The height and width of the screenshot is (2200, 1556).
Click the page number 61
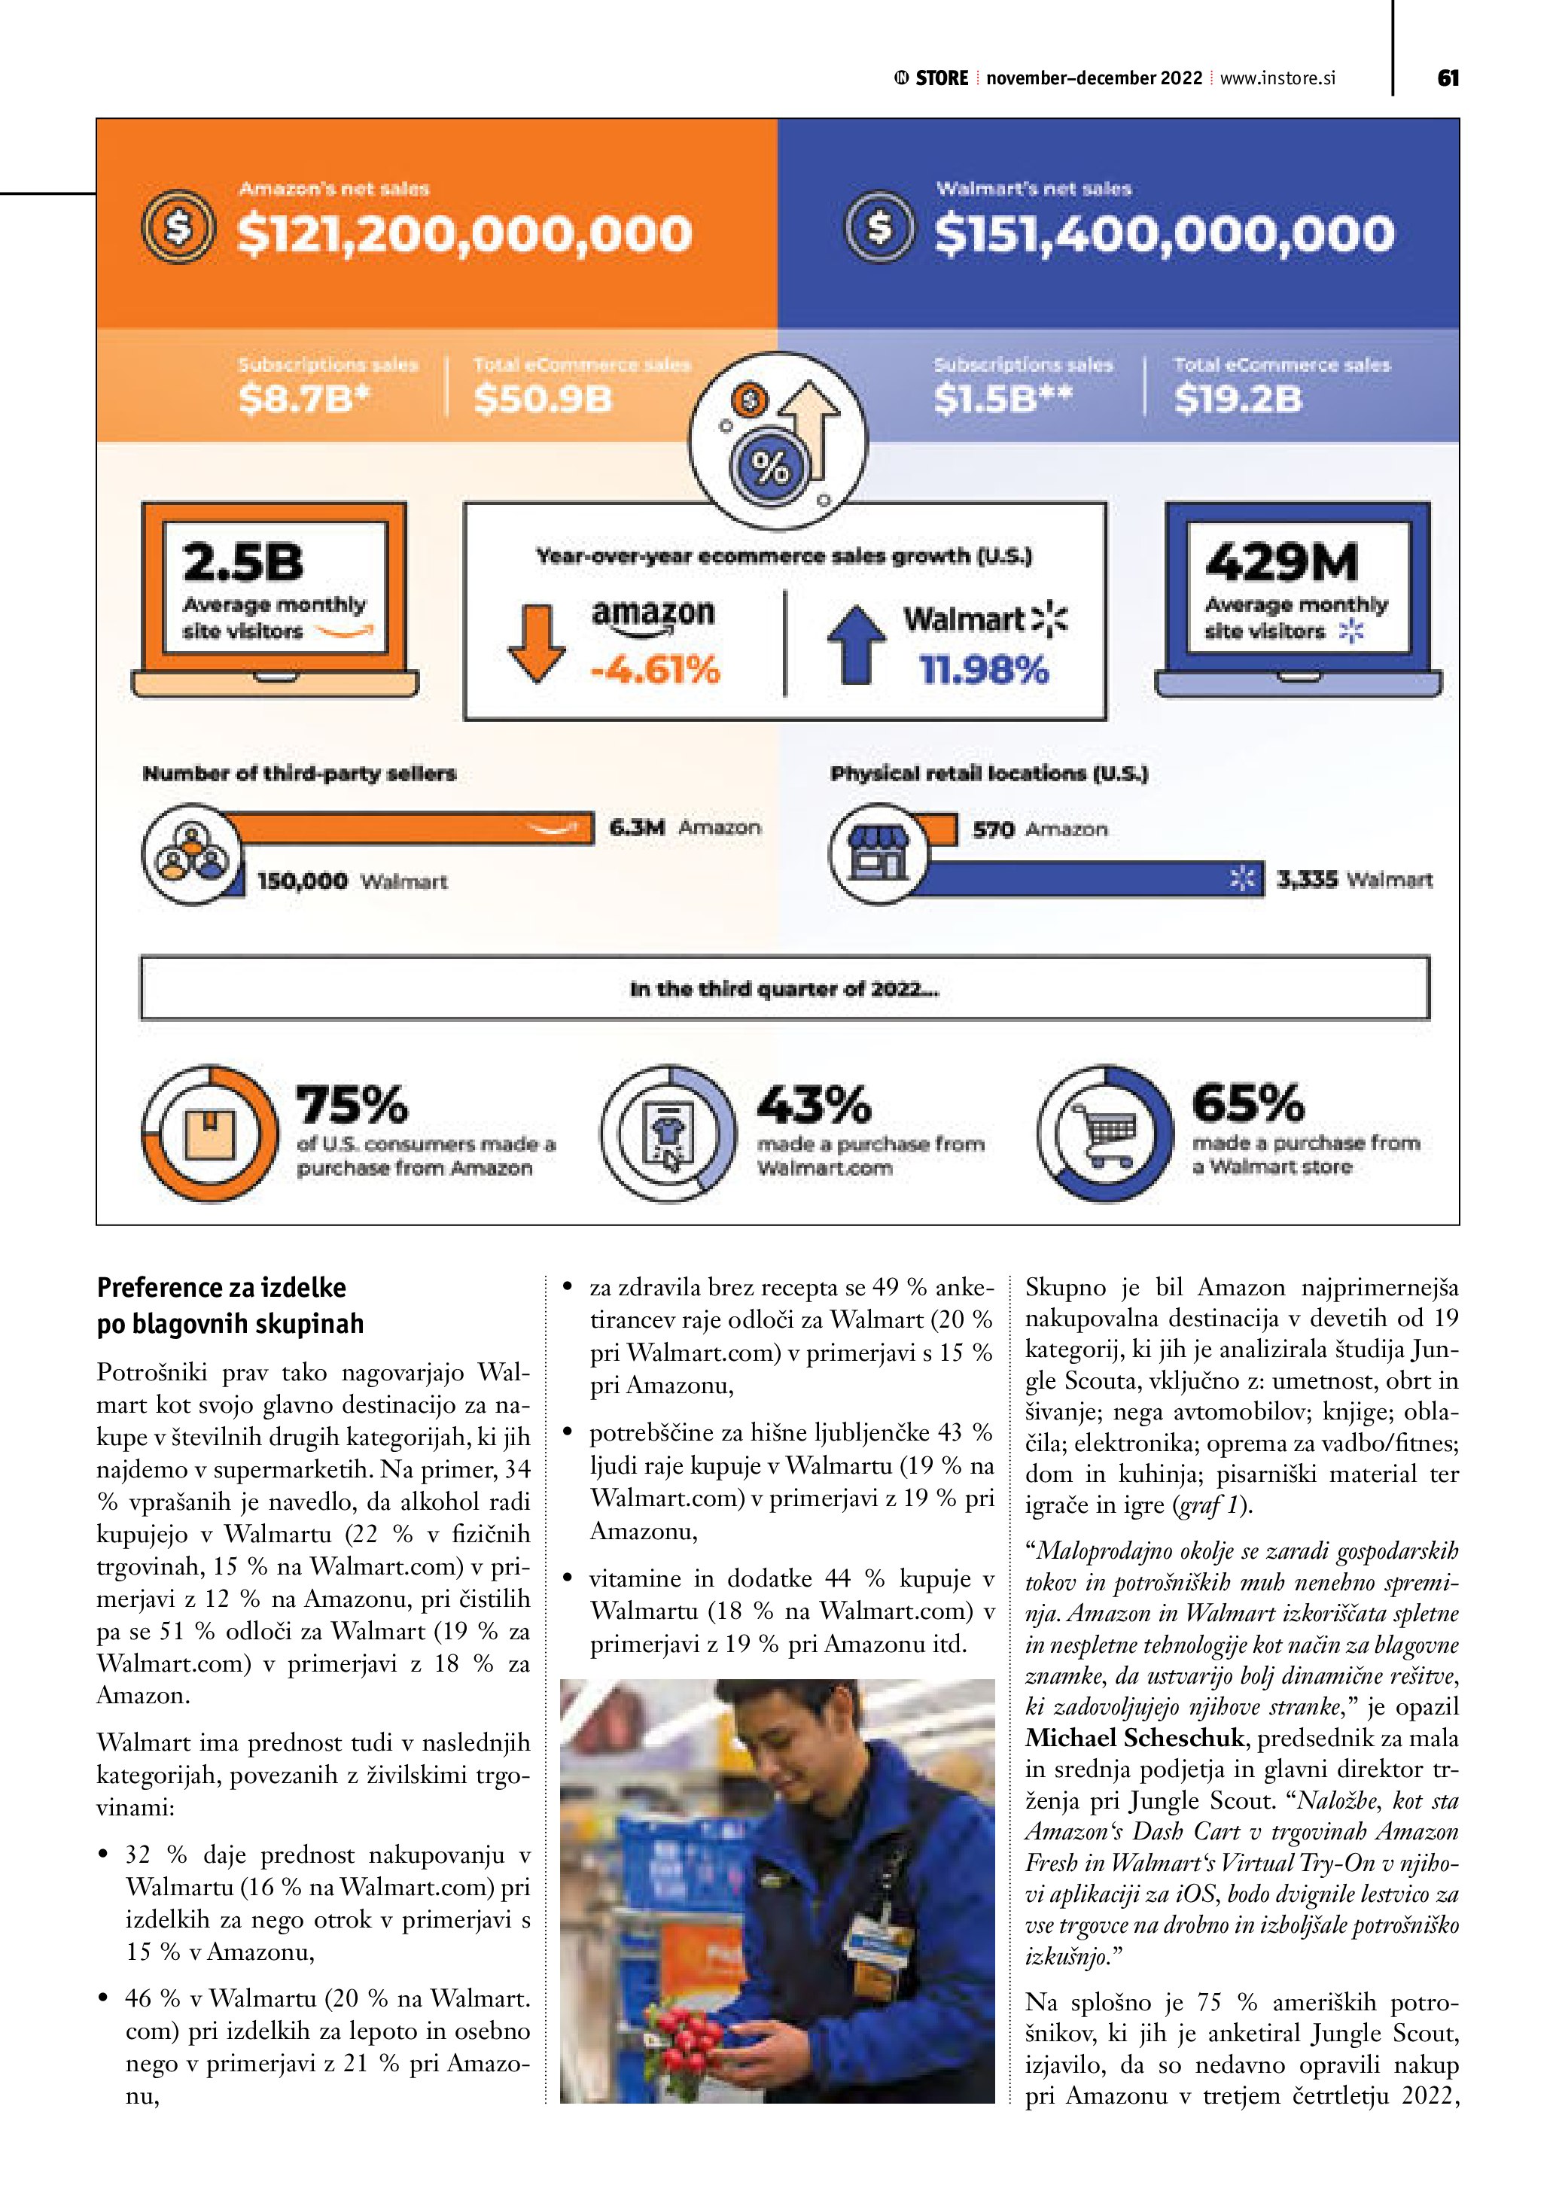(1448, 78)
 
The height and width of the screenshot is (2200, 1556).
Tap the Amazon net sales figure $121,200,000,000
(464, 235)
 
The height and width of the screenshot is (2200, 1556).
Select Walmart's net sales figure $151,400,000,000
(1164, 235)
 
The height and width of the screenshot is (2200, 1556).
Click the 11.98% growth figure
(985, 670)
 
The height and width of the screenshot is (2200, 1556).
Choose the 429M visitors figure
(1282, 561)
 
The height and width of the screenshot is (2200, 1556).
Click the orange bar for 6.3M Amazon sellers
(412, 828)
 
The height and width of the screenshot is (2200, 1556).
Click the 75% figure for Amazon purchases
(352, 1104)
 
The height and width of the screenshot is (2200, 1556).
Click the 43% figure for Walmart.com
(815, 1104)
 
